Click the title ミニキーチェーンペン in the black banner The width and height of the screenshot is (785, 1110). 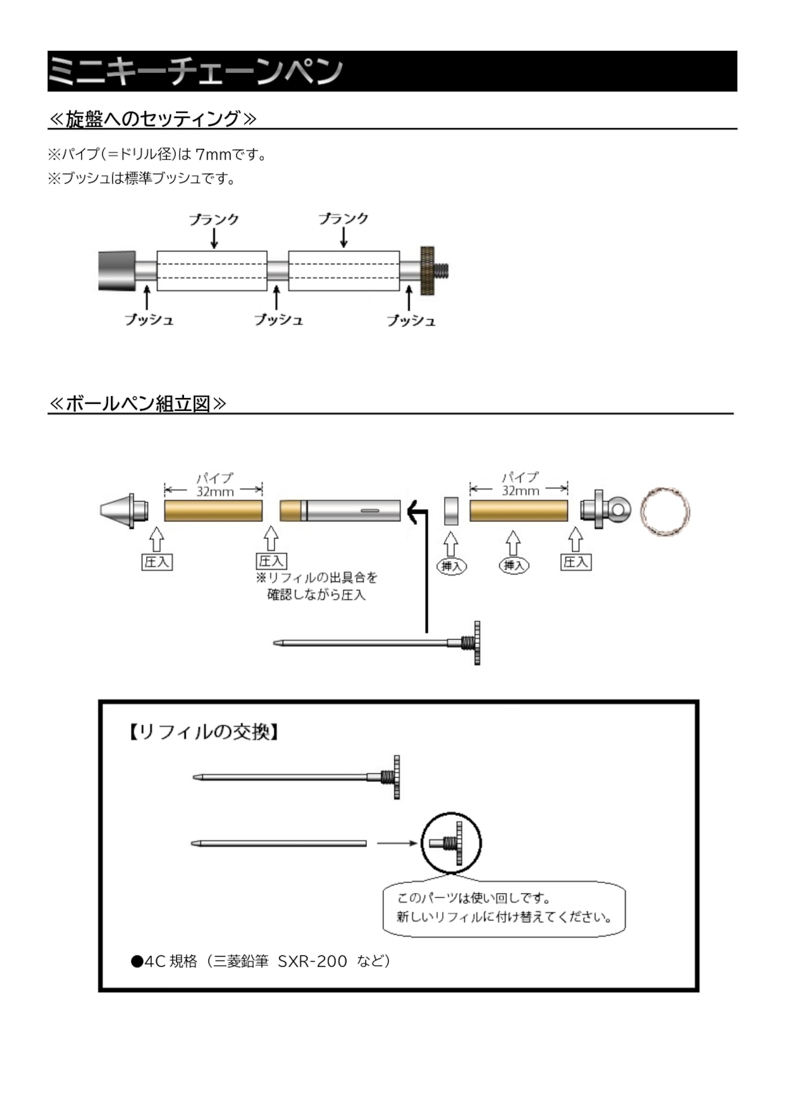pos(195,72)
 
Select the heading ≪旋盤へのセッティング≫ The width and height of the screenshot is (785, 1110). pos(152,118)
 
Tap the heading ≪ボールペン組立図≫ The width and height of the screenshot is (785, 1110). pos(137,404)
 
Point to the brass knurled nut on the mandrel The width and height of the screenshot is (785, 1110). pos(427,270)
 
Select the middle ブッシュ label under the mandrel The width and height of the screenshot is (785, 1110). pos(278,320)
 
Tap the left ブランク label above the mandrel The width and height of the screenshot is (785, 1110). pos(213,219)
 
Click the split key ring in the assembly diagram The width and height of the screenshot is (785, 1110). pos(665,511)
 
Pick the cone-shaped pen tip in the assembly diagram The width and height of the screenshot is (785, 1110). pos(124,510)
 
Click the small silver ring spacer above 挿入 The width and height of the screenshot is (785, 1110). pos(451,511)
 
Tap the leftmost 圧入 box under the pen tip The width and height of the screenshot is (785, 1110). pos(157,562)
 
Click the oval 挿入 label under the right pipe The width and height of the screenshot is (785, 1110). pos(514,565)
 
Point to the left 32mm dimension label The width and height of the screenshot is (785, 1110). pos(215,491)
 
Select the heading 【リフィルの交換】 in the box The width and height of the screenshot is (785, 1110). pos(204,732)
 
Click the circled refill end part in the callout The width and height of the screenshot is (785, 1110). pos(451,843)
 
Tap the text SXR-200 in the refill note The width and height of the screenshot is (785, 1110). pos(312,961)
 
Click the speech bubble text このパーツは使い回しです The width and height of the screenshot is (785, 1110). pos(473,898)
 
